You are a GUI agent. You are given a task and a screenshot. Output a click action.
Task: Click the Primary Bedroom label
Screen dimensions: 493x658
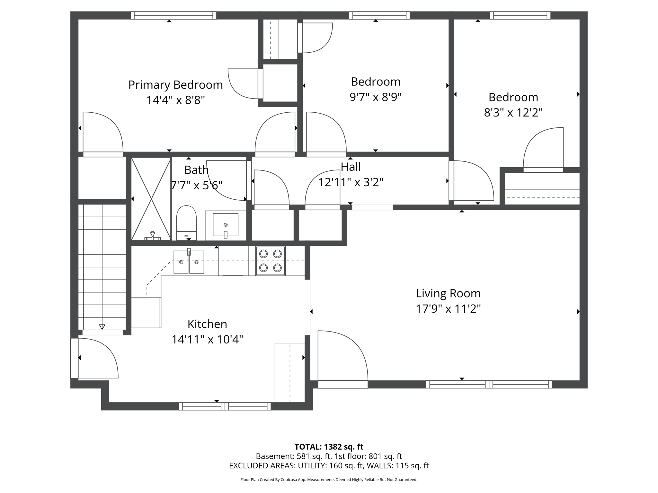[175, 85]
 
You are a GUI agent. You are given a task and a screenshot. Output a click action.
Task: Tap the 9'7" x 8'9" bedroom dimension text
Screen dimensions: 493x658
[376, 97]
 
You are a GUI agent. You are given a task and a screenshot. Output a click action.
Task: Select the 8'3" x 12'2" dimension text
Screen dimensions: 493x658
[513, 113]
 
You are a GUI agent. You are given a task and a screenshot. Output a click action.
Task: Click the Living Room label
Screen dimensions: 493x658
[448, 293]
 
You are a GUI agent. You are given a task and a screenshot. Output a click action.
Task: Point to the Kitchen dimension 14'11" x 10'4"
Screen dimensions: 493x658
[207, 340]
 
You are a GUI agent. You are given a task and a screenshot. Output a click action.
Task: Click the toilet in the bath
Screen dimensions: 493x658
[186, 221]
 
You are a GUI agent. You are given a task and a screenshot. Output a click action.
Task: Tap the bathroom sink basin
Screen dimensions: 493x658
[226, 225]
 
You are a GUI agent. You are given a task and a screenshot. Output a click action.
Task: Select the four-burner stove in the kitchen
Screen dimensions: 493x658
[270, 261]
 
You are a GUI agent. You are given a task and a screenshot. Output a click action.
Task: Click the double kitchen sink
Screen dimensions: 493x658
[189, 262]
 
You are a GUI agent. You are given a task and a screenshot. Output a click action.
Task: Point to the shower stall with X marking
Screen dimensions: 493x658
[151, 199]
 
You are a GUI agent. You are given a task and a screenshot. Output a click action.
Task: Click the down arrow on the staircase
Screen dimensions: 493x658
[102, 327]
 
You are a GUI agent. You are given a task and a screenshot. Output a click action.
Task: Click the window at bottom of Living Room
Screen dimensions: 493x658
[489, 384]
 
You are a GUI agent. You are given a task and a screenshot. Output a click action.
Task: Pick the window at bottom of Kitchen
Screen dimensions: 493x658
[225, 406]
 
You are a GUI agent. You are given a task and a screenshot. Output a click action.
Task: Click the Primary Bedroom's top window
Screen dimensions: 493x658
[173, 15]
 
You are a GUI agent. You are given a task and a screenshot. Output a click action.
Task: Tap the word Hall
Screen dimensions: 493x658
[351, 167]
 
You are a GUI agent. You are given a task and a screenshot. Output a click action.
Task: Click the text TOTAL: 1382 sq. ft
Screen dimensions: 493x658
[329, 447]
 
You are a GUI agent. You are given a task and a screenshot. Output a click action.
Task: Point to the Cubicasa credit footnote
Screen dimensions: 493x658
[329, 480]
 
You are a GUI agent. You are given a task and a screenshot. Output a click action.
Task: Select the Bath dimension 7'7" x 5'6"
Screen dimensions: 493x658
[196, 186]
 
